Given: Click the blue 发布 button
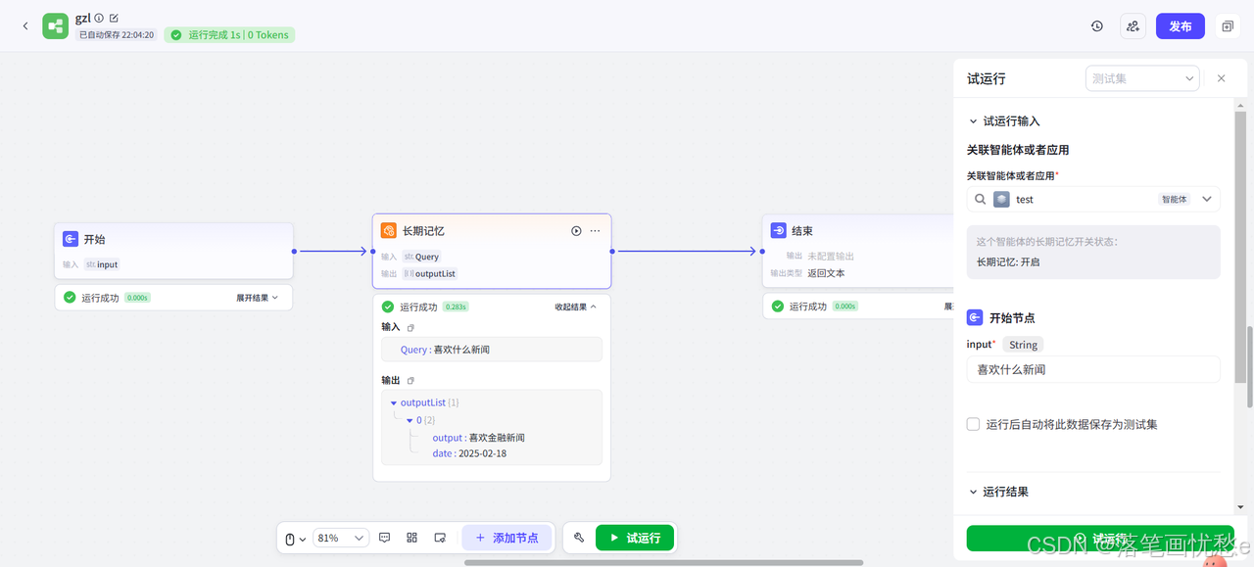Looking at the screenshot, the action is (1180, 26).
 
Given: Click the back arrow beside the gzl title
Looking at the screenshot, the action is (25, 26).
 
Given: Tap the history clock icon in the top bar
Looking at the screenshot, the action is (1097, 26).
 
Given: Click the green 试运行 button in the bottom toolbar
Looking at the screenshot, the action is (635, 538).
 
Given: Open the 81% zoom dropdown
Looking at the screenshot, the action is (341, 538).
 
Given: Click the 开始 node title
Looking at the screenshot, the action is (94, 239).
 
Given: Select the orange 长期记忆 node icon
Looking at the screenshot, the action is (389, 231).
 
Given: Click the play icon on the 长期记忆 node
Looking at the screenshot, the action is (576, 231).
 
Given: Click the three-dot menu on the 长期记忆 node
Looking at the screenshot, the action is (595, 231).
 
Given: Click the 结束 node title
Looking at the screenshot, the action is (801, 231).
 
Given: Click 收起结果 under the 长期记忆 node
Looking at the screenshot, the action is (575, 307).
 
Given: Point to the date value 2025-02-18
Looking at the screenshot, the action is (482, 453).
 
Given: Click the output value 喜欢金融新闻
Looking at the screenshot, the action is (497, 438).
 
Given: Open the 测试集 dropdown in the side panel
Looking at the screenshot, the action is (1142, 78).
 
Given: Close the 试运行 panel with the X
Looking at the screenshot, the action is (1221, 78).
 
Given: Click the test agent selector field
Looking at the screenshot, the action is (1092, 199).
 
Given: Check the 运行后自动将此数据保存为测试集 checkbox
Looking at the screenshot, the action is (973, 424).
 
